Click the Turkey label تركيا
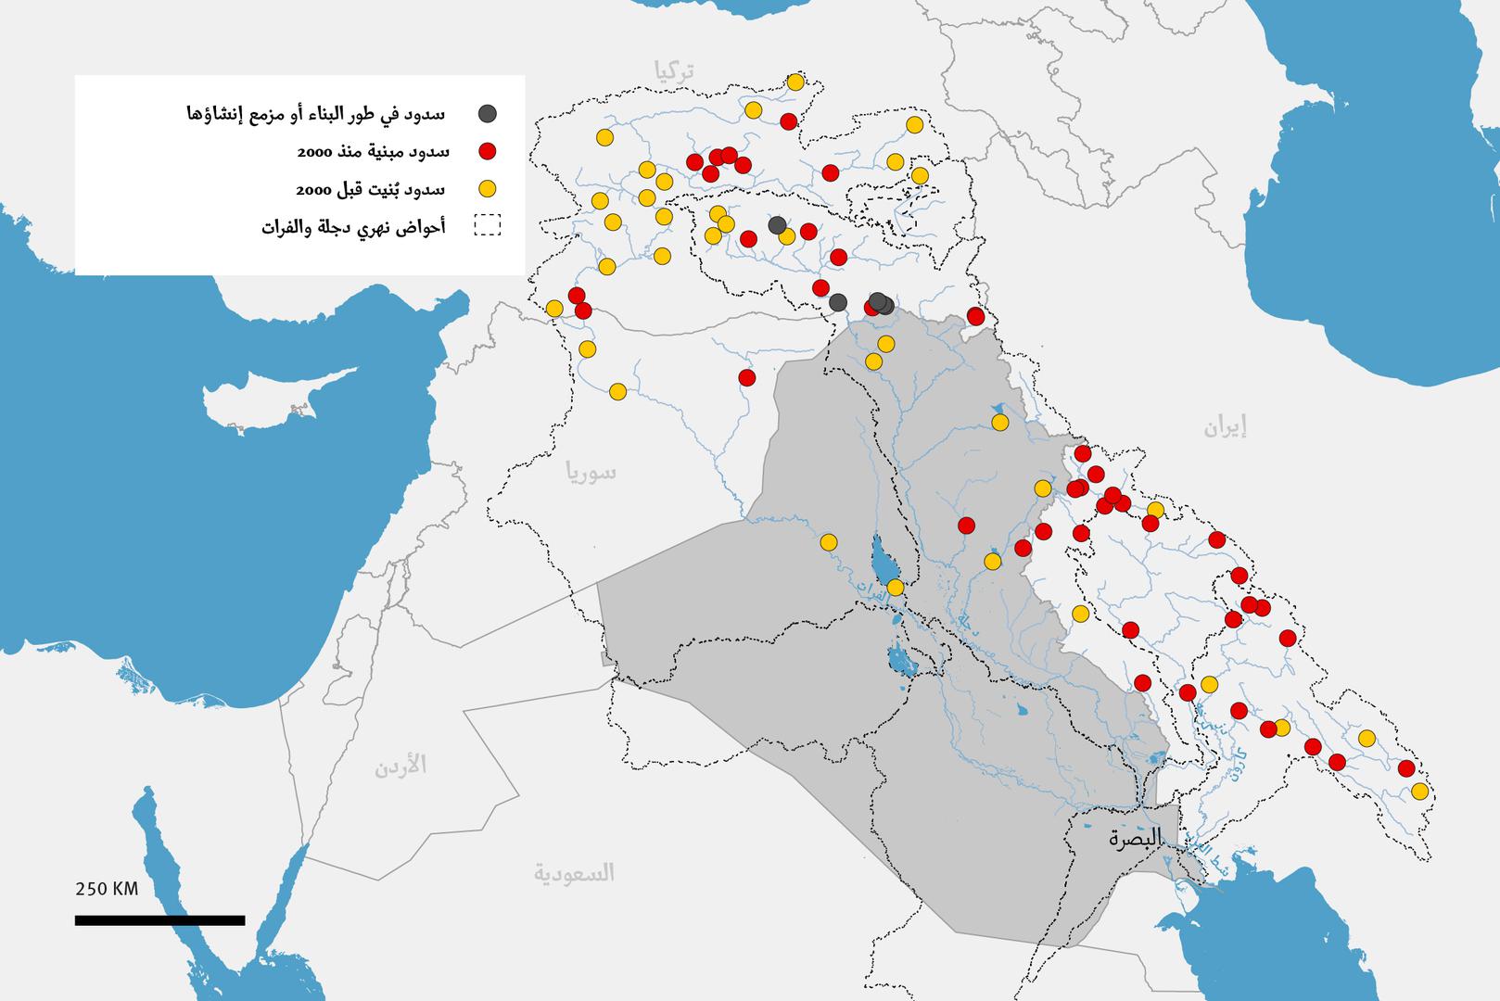point(674,70)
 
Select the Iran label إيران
point(1225,427)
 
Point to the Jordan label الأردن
point(400,766)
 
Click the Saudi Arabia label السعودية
point(574,872)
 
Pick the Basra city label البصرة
point(1135,839)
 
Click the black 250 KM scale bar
point(159,919)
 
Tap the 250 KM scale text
point(107,889)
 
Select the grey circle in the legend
point(487,114)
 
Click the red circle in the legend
point(487,151)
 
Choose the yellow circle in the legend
point(487,189)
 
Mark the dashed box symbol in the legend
point(487,226)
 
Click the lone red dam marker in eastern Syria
point(746,377)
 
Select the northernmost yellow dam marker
point(794,82)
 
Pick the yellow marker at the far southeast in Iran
point(1419,791)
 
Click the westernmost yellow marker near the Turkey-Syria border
point(554,308)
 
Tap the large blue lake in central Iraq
point(883,559)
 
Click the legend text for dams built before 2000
point(371,189)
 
